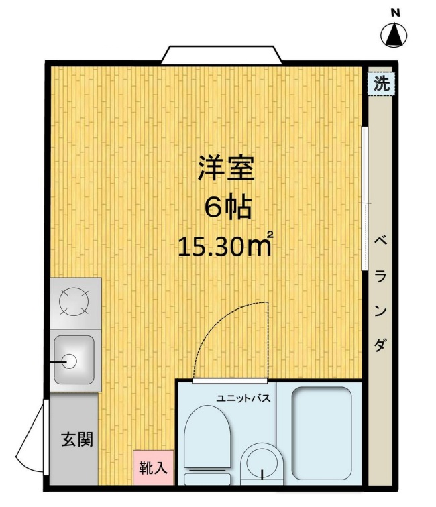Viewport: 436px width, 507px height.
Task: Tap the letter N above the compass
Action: tap(396, 12)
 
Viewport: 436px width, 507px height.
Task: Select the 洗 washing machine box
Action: tap(381, 84)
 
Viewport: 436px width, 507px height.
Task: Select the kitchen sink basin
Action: tap(74, 359)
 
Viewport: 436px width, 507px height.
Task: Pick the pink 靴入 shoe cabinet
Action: tap(154, 467)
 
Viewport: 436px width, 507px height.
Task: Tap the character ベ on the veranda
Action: tap(379, 241)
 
